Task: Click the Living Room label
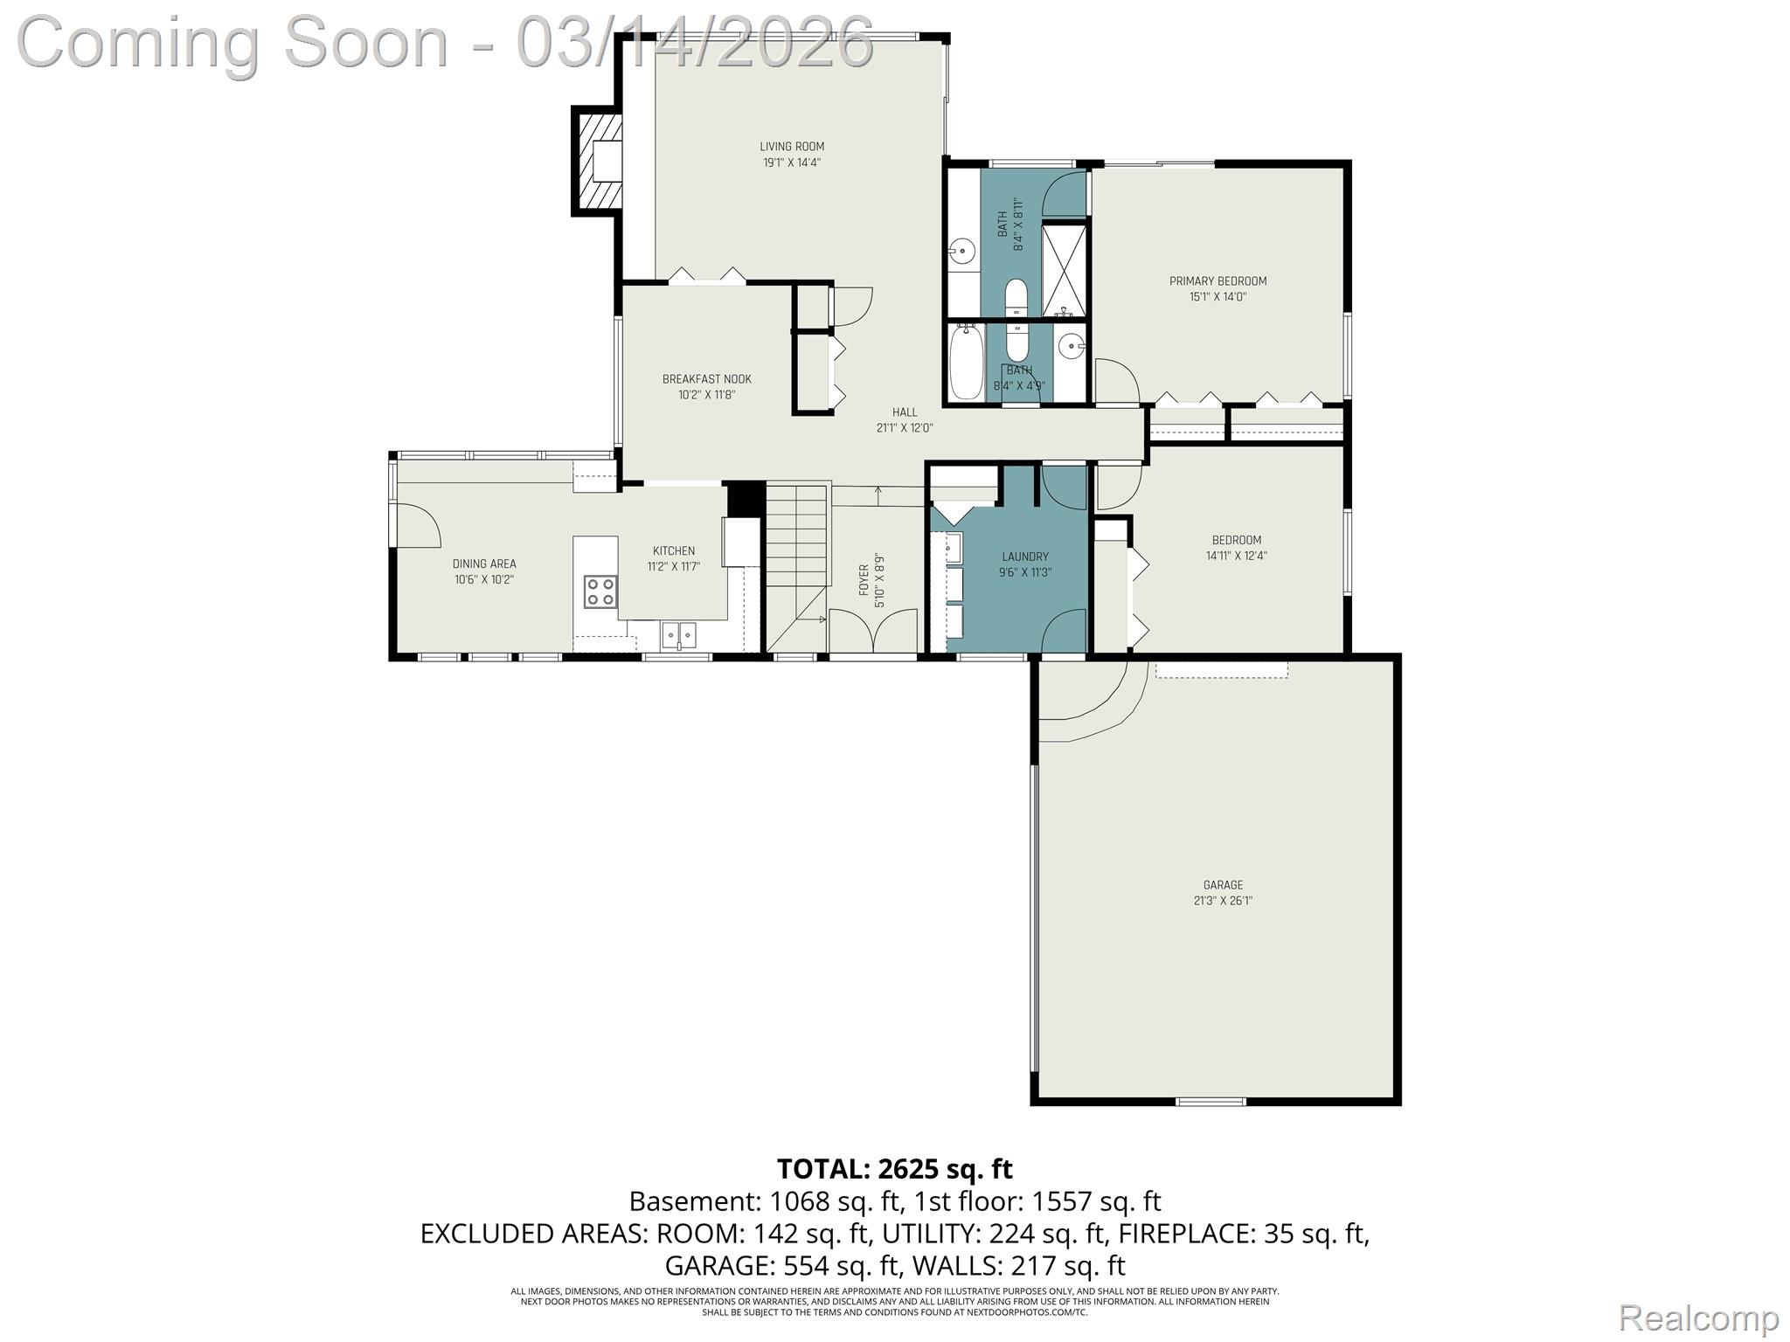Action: pos(791,147)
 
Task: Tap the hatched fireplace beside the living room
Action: pos(597,161)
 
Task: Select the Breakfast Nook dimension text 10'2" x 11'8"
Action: pos(706,395)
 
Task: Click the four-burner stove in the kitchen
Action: pos(600,591)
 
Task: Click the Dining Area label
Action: pos(483,564)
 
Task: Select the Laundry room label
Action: pos(1024,557)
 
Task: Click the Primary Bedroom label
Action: pos(1218,281)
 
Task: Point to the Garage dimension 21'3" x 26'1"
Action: pos(1223,901)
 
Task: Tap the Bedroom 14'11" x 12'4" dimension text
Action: pos(1236,556)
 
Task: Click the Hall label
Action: pos(905,412)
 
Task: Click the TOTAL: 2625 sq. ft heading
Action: pos(894,1169)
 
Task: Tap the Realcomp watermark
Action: pos(1698,1318)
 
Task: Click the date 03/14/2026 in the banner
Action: pos(695,42)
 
